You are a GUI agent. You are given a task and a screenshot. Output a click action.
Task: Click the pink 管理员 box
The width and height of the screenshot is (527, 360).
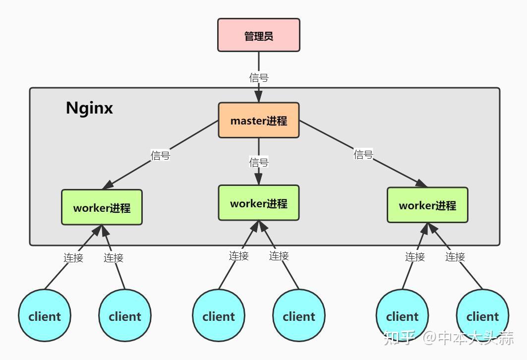pyautogui.click(x=258, y=35)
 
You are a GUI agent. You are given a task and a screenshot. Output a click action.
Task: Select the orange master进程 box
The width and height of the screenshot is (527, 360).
pyautogui.click(x=258, y=120)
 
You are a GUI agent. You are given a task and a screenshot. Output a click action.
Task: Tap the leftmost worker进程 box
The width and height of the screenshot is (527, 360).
pyautogui.click(x=102, y=207)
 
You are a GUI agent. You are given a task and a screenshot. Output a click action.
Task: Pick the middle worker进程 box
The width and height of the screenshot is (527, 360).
pyautogui.click(x=258, y=203)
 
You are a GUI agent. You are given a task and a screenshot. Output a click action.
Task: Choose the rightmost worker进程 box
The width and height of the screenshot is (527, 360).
pyautogui.click(x=427, y=205)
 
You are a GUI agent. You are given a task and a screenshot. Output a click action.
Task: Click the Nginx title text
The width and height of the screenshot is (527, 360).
pyautogui.click(x=89, y=108)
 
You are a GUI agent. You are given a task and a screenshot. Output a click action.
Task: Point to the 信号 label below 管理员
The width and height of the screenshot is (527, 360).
pyautogui.click(x=258, y=77)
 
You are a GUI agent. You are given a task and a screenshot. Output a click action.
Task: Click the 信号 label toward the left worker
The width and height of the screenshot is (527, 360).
pyautogui.click(x=160, y=155)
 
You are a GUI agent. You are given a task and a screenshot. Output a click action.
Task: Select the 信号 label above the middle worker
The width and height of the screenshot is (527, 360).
pyautogui.click(x=258, y=162)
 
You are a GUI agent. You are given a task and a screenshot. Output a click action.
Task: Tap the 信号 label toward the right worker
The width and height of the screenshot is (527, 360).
pyautogui.click(x=363, y=154)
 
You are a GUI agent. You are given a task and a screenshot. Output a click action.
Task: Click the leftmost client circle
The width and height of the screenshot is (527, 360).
pyautogui.click(x=45, y=316)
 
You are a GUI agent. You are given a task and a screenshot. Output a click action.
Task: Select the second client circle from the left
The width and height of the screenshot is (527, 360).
pyautogui.click(x=124, y=316)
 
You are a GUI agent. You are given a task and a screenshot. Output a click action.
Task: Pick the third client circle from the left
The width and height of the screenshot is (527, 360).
pyautogui.click(x=219, y=316)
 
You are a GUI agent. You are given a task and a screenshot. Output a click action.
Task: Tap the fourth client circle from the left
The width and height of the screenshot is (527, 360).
pyautogui.click(x=298, y=316)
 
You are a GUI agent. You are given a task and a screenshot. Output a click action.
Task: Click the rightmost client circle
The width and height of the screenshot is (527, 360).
pyautogui.click(x=482, y=316)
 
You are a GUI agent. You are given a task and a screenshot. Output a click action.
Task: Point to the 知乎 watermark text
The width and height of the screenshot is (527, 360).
pyautogui.click(x=399, y=338)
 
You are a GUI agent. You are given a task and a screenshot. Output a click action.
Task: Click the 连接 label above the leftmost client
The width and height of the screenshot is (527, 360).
pyautogui.click(x=73, y=257)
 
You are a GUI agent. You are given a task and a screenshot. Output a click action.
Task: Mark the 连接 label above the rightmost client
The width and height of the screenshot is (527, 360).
pyautogui.click(x=455, y=256)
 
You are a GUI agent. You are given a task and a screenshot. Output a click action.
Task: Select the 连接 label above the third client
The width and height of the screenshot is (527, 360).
pyautogui.click(x=238, y=256)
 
